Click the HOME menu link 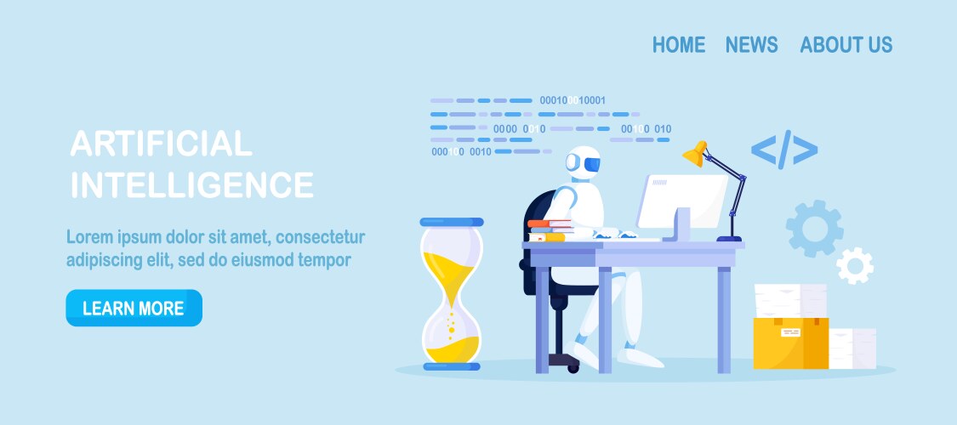point(679,44)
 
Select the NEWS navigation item point(751,44)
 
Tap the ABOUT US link point(846,44)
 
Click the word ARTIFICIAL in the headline point(161,144)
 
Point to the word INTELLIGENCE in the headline point(192,184)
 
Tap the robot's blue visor point(591,163)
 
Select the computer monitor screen point(681,201)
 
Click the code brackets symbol point(784,150)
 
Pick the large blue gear point(815,229)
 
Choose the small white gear point(854,265)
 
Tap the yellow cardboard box point(790,343)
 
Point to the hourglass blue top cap point(452,222)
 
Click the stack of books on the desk point(550,230)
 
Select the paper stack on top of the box point(790,301)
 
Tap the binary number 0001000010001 point(572,100)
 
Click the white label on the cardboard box point(790,332)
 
